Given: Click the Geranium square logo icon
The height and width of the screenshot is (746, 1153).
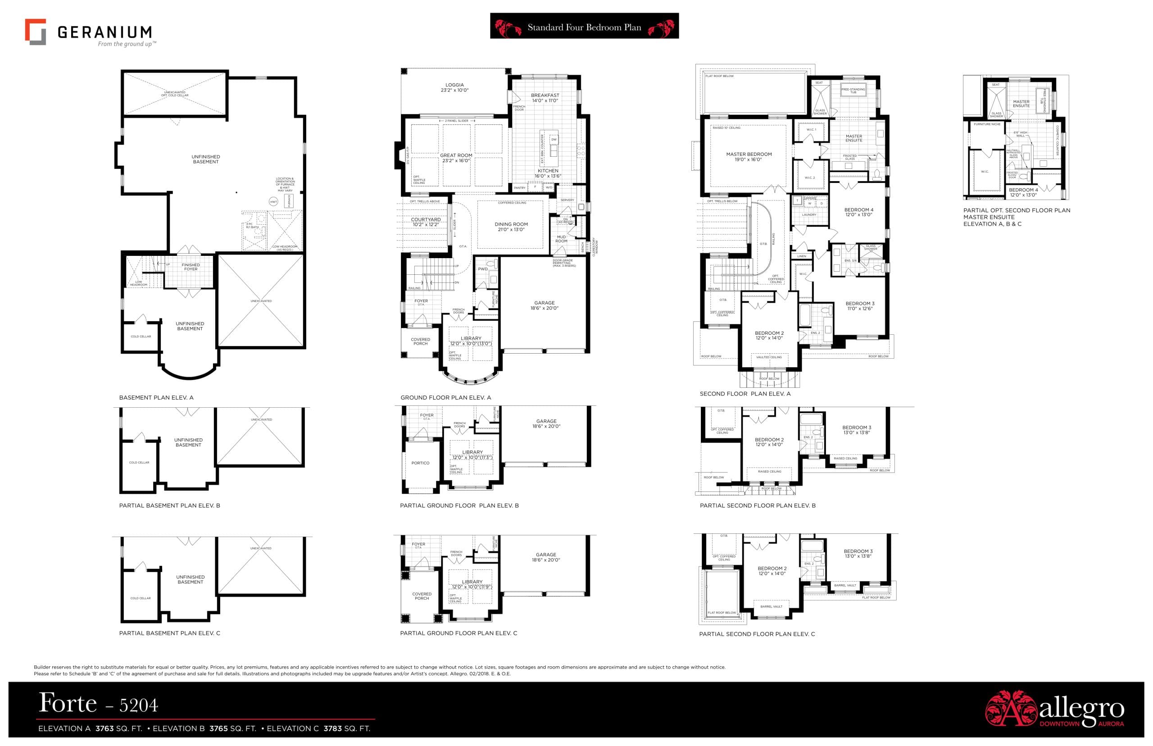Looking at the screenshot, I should [35, 32].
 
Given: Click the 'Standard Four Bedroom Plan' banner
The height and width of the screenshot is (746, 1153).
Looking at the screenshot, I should [584, 27].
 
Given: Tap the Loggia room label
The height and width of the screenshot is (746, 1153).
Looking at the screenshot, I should [454, 88].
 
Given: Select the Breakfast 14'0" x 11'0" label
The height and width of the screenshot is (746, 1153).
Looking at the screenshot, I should [545, 98].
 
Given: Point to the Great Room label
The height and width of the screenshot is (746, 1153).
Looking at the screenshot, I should [456, 158].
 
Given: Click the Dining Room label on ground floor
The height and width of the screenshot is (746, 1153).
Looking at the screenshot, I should [511, 227].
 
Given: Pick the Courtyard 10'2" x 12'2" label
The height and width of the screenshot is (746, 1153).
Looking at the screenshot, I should [426, 222].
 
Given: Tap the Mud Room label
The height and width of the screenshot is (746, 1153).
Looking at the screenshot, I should [561, 239].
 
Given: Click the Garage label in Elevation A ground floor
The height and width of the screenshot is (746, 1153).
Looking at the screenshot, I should [545, 305].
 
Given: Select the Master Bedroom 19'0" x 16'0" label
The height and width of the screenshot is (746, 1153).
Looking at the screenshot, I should [748, 156].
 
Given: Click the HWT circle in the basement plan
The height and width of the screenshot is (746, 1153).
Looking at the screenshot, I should [273, 202].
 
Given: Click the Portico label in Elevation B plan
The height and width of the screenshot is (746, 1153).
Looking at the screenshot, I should [420, 463].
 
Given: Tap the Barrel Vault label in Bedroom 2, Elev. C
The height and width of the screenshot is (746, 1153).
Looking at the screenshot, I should [771, 606].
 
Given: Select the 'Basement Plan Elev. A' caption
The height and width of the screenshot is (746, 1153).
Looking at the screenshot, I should [156, 398].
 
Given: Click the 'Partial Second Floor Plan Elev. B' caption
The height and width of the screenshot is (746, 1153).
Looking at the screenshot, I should [758, 505].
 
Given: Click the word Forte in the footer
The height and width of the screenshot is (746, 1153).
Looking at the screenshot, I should [68, 703].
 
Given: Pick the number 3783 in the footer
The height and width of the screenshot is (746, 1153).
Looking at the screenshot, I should [332, 728].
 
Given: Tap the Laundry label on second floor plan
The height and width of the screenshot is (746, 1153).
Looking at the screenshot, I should [809, 214].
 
